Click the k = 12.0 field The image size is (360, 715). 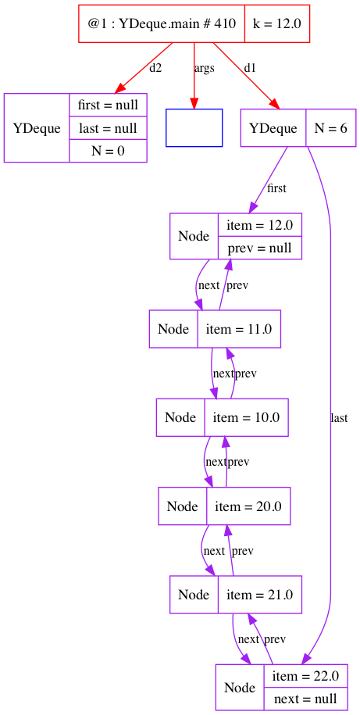coord(277,23)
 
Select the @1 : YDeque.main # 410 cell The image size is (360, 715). coord(162,23)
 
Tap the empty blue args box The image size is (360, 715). coord(194,127)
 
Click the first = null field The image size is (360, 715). coord(108,105)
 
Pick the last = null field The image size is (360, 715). coord(108,127)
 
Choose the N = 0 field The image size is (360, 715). coord(108,151)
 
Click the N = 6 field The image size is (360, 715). coord(330,128)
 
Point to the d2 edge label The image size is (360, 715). coord(155,69)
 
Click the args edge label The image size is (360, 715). coord(204,69)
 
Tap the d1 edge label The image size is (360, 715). coord(250,69)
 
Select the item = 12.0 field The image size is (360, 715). coord(260,225)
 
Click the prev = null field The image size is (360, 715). coord(260,248)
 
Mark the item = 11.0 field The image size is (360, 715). coord(239,329)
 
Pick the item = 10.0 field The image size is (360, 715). coord(246,417)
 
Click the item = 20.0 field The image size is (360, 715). coord(248,506)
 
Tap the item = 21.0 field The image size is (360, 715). coord(260,594)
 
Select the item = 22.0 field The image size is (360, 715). coord(305,676)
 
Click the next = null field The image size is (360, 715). coord(305,699)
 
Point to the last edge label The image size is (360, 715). coord(339,418)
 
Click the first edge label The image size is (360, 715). coord(276,188)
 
